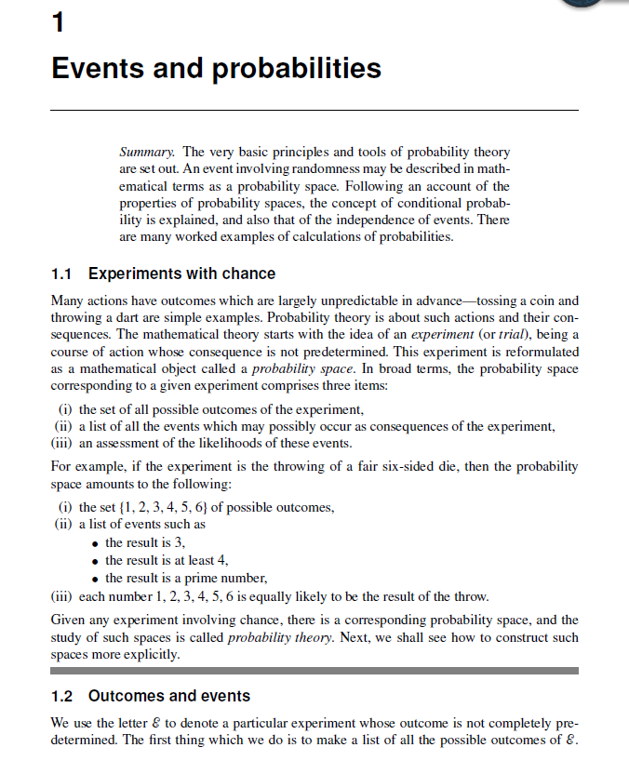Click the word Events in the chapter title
[x=97, y=69]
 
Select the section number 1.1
[x=61, y=274]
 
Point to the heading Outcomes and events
[x=169, y=696]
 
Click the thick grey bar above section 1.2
[x=314, y=670]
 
